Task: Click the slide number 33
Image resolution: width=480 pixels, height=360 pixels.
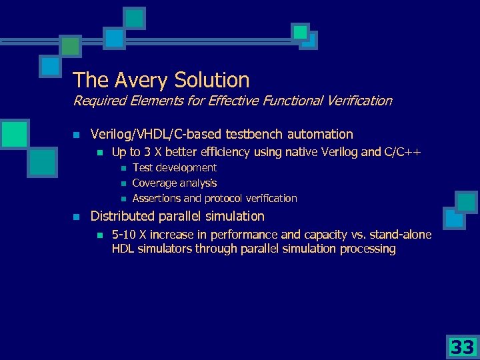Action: [461, 347]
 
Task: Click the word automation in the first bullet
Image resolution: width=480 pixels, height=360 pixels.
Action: [319, 134]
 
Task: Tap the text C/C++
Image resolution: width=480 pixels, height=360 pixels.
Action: [402, 152]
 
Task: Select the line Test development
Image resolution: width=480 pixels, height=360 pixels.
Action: [174, 167]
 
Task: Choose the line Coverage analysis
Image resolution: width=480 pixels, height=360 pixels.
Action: [174, 183]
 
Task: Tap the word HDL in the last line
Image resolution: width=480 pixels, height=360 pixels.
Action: [123, 249]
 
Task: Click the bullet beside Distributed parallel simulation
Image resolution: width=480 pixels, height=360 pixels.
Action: [77, 217]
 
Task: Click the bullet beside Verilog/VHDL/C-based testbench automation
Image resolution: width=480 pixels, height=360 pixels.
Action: [77, 135]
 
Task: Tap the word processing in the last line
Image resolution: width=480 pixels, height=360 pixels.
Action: [367, 249]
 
